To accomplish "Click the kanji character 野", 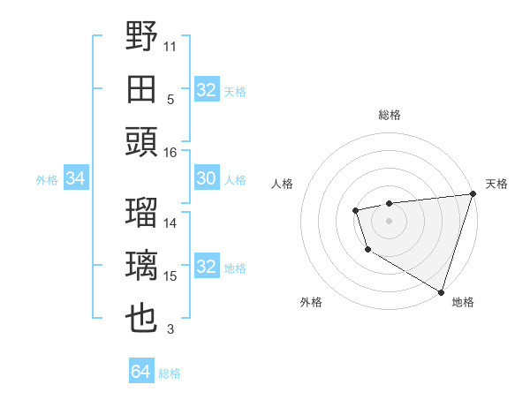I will pyautogui.click(x=142, y=37).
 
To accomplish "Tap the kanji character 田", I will pyautogui.click(x=142, y=89).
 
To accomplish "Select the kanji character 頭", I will pyautogui.click(x=142, y=141).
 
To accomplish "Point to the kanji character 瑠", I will pyautogui.click(x=142, y=213).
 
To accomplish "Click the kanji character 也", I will pyautogui.click(x=142, y=318).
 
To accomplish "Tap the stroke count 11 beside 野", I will pyautogui.click(x=170, y=45).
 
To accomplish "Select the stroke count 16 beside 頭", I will pyautogui.click(x=170, y=152).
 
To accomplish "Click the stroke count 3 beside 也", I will pyautogui.click(x=170, y=330).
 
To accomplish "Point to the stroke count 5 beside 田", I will pyautogui.click(x=170, y=99).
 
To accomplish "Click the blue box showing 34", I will pyautogui.click(x=75, y=179).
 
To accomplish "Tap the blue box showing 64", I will pyautogui.click(x=140, y=372).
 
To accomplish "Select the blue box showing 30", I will pyautogui.click(x=206, y=179).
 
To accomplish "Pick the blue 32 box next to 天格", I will pyautogui.click(x=206, y=90).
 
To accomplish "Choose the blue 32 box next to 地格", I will pyautogui.click(x=206, y=268).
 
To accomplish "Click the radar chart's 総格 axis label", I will pyautogui.click(x=389, y=115).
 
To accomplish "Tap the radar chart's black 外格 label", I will pyautogui.click(x=311, y=302).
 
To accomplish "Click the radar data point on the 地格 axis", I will pyautogui.click(x=440, y=290).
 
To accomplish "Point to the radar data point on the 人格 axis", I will pyautogui.click(x=355, y=210).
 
